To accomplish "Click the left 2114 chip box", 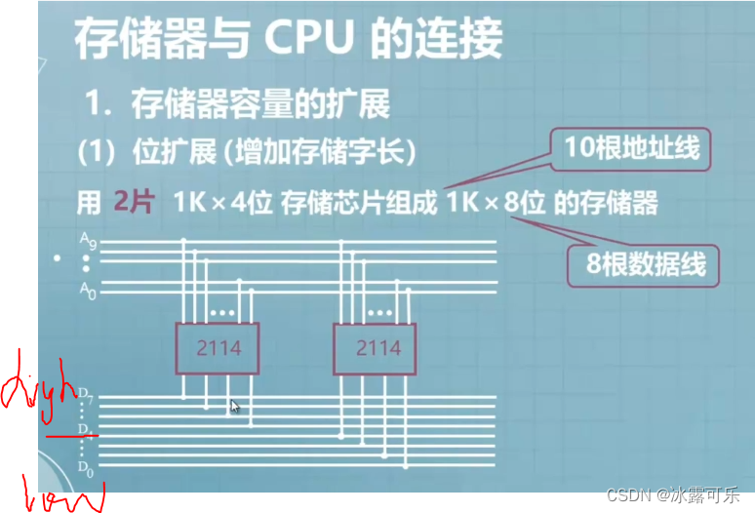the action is (x=218, y=348).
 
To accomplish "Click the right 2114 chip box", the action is (x=377, y=348).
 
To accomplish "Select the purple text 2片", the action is (x=133, y=203).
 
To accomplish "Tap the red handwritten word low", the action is (x=60, y=493).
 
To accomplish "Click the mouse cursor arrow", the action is (x=235, y=407).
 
